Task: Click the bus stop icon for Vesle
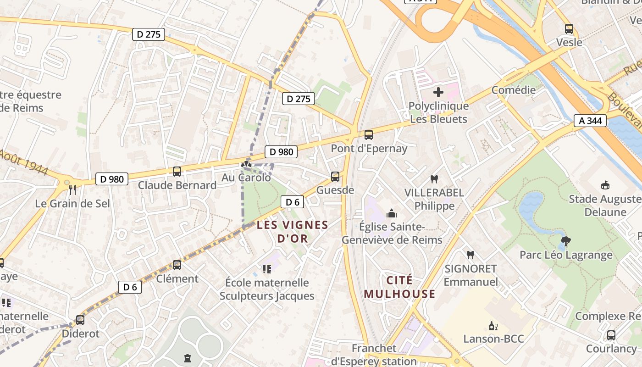569,29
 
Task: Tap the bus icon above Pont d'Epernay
369,135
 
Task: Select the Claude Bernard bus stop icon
177,172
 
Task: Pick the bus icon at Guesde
335,177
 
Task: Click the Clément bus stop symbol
177,265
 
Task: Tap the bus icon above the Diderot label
80,320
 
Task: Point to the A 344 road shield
590,121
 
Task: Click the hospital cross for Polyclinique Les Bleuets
438,92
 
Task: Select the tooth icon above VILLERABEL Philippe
434,179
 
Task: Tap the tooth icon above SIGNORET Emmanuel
470,255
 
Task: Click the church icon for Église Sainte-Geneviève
392,213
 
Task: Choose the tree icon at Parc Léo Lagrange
566,241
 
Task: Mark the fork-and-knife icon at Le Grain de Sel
72,190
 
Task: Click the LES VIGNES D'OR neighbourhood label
293,232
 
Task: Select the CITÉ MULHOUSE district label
399,287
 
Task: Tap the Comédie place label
514,90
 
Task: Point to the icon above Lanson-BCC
493,326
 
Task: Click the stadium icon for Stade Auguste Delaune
605,185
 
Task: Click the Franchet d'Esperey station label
374,355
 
